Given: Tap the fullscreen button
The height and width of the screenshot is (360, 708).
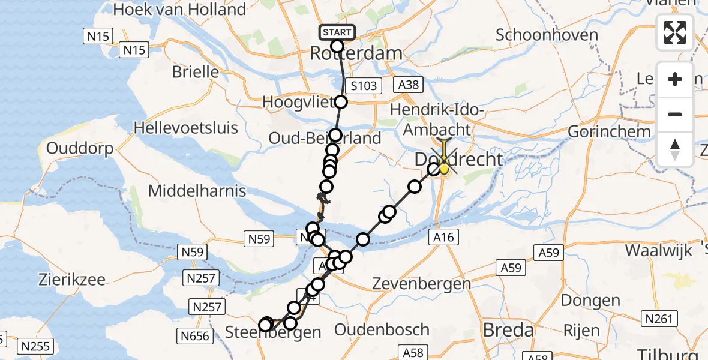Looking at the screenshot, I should coord(675,32).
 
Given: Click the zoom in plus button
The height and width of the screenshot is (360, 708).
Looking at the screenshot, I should coord(675,80).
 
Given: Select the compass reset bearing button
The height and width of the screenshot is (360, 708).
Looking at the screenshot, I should coord(675,149).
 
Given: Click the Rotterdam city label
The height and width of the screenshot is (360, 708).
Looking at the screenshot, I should coord(356,53).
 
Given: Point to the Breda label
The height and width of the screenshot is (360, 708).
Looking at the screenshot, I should coord(508,330).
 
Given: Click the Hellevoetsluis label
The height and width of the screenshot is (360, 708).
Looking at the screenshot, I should coord(186,128).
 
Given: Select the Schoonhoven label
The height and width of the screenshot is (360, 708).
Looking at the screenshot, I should coord(547,35).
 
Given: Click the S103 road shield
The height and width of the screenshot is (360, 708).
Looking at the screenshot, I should coord(363,86).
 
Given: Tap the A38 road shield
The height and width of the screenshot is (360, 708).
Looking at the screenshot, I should coord(408,86).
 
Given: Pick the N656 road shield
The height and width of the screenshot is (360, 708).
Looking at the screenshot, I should coord(196,335).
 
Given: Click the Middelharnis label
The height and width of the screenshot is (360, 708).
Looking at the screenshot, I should coord(197,191).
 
